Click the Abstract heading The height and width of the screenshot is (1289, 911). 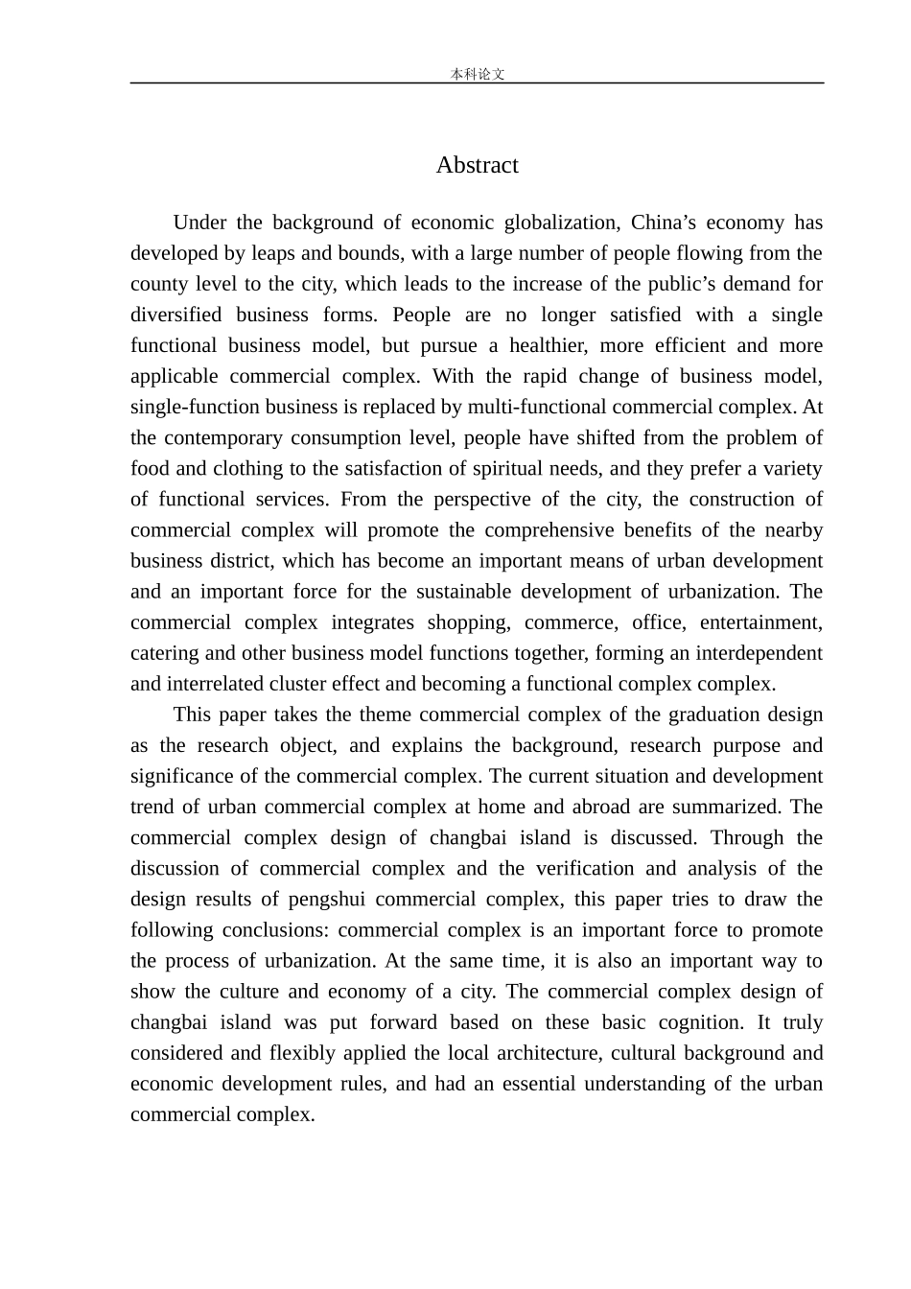click(477, 165)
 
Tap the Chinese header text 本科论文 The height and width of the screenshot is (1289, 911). click(477, 74)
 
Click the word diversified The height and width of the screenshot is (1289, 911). click(175, 315)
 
